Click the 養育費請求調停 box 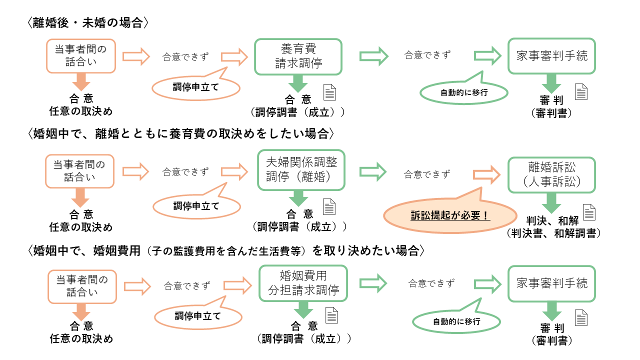pyautogui.click(x=298, y=56)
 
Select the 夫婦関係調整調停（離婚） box pyautogui.click(x=301, y=170)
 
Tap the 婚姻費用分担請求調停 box pyautogui.click(x=303, y=283)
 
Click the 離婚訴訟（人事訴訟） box pyautogui.click(x=551, y=174)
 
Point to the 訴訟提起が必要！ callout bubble pyautogui.click(x=449, y=216)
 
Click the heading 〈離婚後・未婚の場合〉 pyautogui.click(x=88, y=23)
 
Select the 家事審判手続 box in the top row pyautogui.click(x=551, y=55)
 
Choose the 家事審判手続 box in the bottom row pyautogui.click(x=551, y=283)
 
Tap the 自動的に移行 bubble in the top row pyautogui.click(x=464, y=92)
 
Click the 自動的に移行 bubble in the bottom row pyautogui.click(x=456, y=321)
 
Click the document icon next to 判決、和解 pyautogui.click(x=590, y=212)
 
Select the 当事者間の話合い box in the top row pyautogui.click(x=81, y=55)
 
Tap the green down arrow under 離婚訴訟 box pyautogui.click(x=552, y=202)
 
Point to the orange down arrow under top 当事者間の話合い pyautogui.click(x=80, y=81)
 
